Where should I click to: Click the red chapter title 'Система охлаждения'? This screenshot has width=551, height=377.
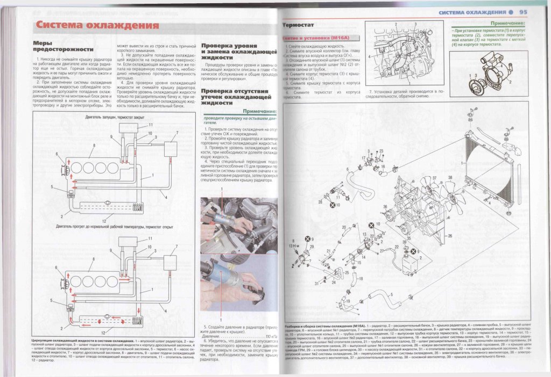click(x=94, y=25)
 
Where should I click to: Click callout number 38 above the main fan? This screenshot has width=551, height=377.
click(x=449, y=177)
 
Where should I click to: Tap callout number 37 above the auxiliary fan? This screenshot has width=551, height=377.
click(x=434, y=178)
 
